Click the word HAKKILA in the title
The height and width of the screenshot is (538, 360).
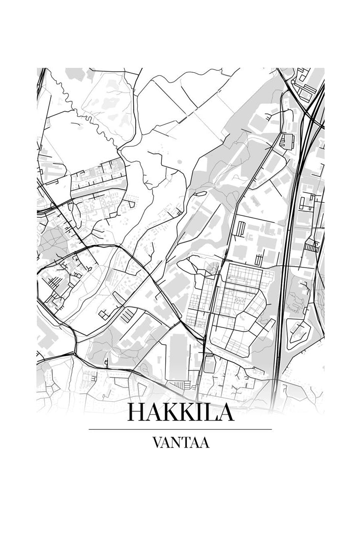click(180, 412)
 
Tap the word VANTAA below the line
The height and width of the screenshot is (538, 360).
click(180, 443)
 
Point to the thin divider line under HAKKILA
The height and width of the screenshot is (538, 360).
click(180, 429)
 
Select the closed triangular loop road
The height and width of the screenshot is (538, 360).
click(297, 332)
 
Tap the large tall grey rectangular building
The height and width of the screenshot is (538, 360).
click(178, 357)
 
